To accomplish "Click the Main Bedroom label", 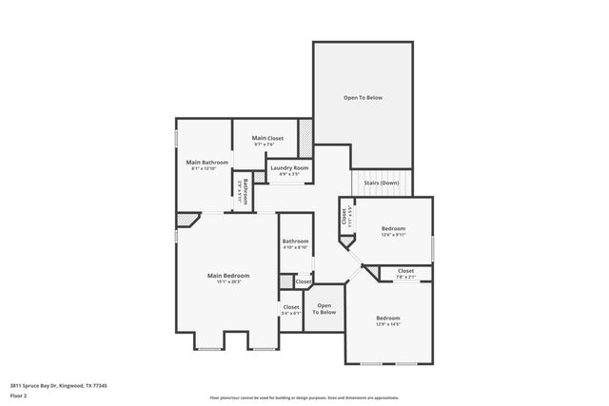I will tap(228, 275).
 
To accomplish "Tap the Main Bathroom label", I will tap(207, 163).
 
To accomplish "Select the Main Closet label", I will tap(267, 139).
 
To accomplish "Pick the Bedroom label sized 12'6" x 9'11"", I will tap(393, 228).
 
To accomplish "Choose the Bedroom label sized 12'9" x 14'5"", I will tap(387, 318).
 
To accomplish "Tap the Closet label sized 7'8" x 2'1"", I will tap(405, 271).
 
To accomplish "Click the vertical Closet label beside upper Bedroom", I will tap(344, 217).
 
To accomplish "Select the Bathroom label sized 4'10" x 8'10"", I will tap(295, 242).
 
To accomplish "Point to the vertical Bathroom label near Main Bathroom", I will tap(245, 192).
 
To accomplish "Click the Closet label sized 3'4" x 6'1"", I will tap(290, 307).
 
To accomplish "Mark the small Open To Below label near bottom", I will tap(324, 309).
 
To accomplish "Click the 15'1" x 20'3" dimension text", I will tap(228, 281).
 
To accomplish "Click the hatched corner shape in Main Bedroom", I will tap(187, 220).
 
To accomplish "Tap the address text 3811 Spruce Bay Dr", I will tap(58, 385).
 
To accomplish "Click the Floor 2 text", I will tap(19, 395).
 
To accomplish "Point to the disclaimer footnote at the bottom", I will tap(304, 398).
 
